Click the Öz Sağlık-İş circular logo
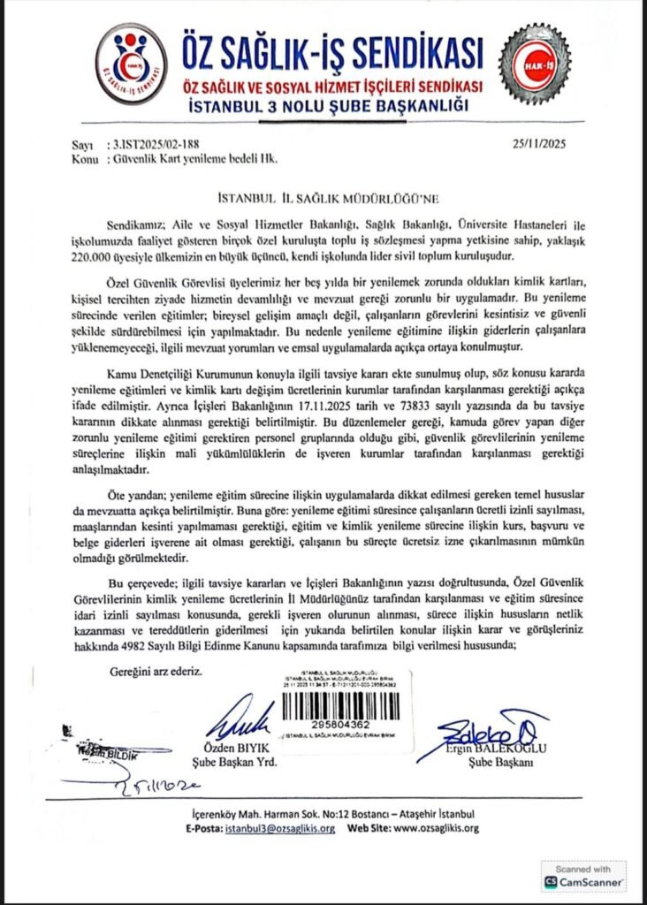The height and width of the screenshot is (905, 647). coord(131,65)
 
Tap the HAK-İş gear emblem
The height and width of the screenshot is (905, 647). coord(534,64)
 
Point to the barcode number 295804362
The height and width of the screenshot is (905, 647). coord(340,722)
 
